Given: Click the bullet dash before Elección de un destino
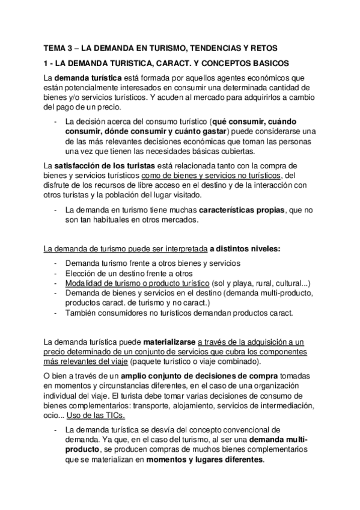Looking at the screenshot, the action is [x=55, y=274].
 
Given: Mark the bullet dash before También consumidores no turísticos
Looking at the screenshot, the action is [x=55, y=313].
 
